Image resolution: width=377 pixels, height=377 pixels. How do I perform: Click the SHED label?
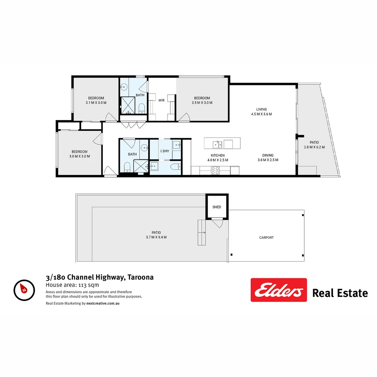click(x=217, y=207)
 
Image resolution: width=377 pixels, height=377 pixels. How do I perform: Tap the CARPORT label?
click(x=266, y=238)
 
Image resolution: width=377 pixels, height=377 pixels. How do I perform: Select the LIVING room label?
click(x=261, y=109)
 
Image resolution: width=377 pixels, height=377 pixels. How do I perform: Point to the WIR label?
click(x=161, y=100)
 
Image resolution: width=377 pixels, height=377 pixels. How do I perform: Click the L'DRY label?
click(x=165, y=151)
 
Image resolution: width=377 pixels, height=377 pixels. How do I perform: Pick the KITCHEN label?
click(x=217, y=155)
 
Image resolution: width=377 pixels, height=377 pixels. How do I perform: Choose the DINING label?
click(x=268, y=155)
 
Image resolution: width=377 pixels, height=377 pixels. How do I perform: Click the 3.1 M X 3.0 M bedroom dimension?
click(x=96, y=103)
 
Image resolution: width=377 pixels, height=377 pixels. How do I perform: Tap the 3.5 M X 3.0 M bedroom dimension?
click(x=202, y=103)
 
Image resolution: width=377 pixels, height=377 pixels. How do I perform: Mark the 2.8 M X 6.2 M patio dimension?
click(x=314, y=147)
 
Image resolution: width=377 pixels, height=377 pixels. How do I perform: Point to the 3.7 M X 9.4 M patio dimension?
click(x=156, y=237)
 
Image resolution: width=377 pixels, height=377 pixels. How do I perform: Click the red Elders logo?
click(x=279, y=290)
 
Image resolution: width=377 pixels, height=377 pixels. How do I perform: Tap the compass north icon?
click(x=24, y=289)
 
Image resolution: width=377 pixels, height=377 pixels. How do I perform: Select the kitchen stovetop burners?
click(x=215, y=171)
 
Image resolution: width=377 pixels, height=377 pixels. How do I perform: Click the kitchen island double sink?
click(x=217, y=143)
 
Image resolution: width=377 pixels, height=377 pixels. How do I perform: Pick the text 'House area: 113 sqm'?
click(x=72, y=285)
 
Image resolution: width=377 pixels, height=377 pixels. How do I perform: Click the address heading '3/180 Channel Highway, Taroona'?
click(x=99, y=278)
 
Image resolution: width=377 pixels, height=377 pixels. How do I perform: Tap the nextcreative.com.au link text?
click(x=103, y=304)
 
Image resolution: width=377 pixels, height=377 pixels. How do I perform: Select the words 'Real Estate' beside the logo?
click(x=340, y=293)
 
